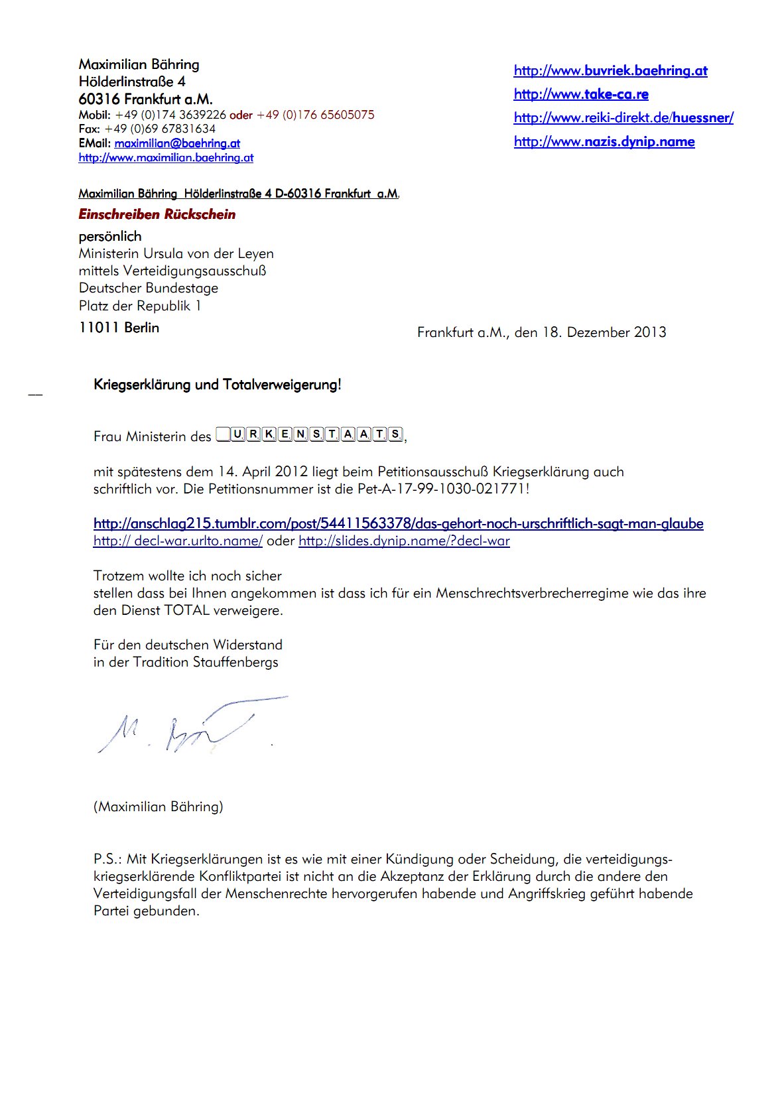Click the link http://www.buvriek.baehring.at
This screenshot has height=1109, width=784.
coord(610,71)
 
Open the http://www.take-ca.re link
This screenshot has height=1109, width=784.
coord(581,94)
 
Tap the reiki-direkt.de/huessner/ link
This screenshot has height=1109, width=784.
coord(623,118)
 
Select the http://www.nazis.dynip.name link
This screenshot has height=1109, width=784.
coord(604,142)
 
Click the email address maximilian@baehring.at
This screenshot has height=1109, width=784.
coord(177,143)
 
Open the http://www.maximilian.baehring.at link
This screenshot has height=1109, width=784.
coord(166,158)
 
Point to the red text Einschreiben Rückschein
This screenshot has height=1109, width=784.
coord(157,214)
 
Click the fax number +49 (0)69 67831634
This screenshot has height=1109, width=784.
coord(160,129)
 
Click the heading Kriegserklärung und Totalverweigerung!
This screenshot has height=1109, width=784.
coord(218,385)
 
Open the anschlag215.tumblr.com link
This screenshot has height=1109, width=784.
coord(398,524)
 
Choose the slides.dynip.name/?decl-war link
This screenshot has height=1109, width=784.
coord(404,541)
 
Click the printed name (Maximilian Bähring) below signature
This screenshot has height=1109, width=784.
coord(158,807)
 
